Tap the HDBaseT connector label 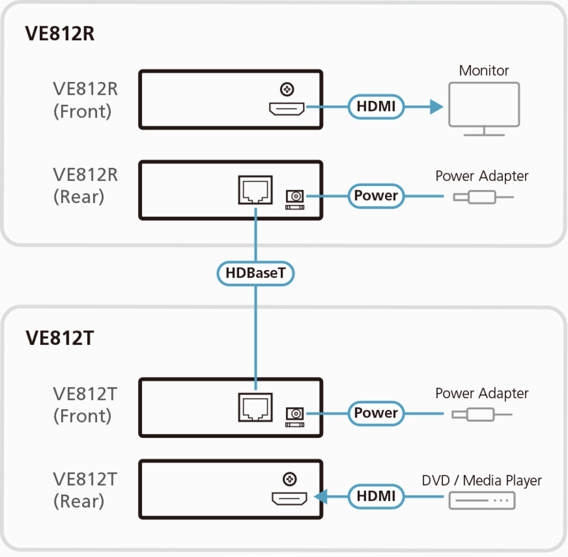point(256,273)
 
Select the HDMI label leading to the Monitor point(376,107)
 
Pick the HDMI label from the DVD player point(376,496)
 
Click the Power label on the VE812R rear point(376,196)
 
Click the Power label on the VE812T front point(376,413)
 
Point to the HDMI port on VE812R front point(288,110)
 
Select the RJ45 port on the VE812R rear point(255,190)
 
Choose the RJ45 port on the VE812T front point(255,407)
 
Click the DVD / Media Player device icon point(482,501)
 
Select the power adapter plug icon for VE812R point(482,197)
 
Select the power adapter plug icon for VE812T point(481,414)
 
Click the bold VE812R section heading point(60,33)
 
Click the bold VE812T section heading point(59,338)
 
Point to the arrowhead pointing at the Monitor point(435,107)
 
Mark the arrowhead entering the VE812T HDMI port point(321,497)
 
